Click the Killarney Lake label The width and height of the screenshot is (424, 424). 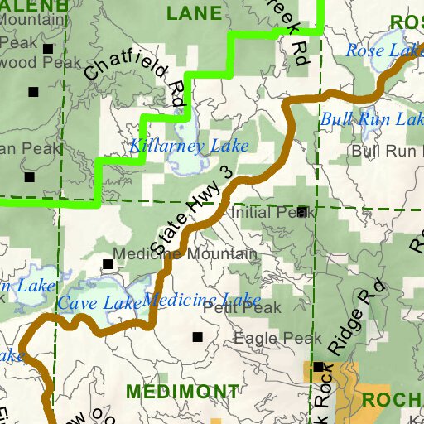189,147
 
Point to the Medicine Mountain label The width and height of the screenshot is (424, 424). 185,254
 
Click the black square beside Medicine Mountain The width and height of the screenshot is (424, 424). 107,264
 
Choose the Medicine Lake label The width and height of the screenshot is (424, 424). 202,299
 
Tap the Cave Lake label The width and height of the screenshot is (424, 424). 99,304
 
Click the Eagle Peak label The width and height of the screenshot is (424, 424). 277,339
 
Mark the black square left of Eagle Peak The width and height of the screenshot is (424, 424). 197,337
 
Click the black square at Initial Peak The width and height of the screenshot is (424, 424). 302,211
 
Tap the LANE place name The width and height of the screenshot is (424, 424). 194,13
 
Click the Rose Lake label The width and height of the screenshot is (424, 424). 383,51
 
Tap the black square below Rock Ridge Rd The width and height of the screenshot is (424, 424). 318,366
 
